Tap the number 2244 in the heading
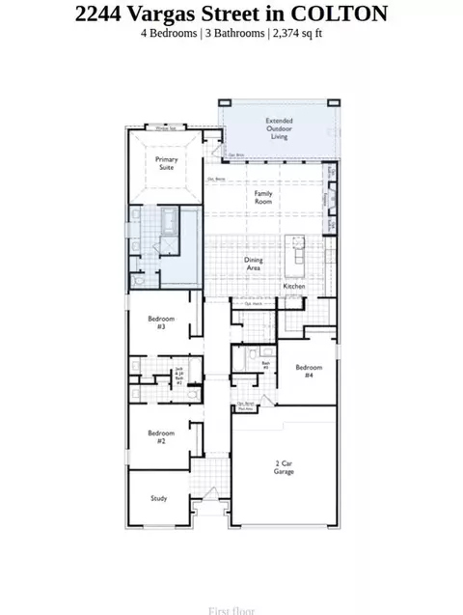100,13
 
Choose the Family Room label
262,197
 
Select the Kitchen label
294,288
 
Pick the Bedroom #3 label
157,323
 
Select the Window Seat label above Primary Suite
170,126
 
